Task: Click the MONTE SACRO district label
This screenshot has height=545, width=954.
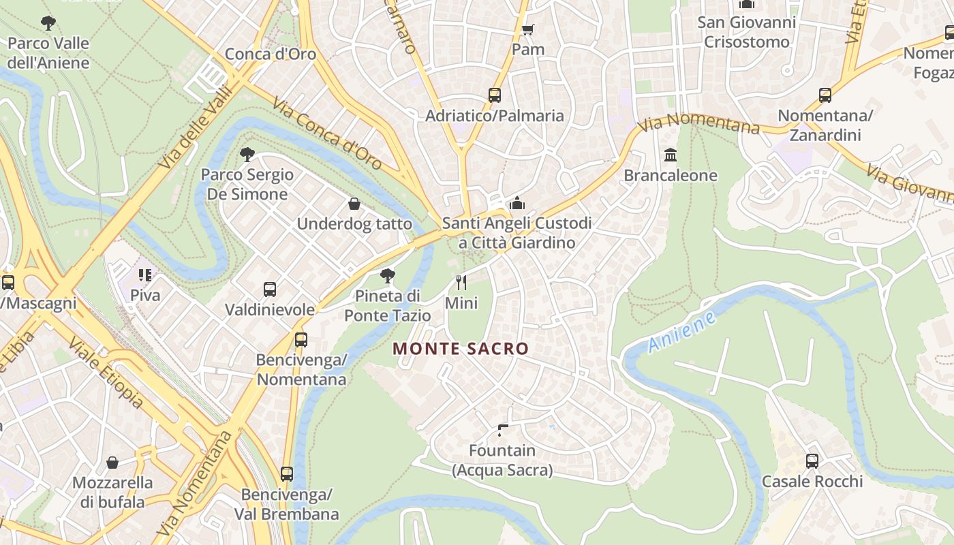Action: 461,349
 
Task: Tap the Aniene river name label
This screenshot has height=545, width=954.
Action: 682,332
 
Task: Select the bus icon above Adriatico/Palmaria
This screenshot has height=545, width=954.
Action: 495,95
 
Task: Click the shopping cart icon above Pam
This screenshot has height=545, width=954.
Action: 527,29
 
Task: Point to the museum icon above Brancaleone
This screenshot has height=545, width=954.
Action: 671,155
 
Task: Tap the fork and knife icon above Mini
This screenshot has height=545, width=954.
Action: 461,282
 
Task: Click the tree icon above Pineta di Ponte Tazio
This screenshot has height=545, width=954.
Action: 387,276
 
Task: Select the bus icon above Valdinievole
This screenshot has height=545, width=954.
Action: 270,290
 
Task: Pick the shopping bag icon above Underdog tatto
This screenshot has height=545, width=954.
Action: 354,204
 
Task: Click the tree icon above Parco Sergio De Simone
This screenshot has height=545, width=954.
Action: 247,155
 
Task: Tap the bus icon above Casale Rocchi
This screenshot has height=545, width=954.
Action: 812,461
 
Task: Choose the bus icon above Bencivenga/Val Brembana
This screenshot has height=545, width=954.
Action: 287,473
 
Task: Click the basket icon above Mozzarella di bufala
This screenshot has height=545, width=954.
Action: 112,463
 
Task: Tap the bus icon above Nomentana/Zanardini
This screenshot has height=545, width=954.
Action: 825,95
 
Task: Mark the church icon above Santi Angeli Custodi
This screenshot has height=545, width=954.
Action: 517,203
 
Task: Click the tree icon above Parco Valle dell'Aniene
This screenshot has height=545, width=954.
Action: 48,23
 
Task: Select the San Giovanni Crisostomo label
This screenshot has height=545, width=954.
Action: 746,32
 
